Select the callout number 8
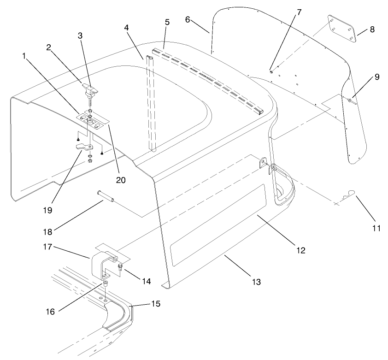click(372, 30)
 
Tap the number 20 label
click(121, 180)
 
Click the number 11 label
click(376, 228)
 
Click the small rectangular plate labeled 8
click(343, 29)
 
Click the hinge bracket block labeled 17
click(102, 265)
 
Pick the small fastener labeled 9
click(353, 100)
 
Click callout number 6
click(187, 20)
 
